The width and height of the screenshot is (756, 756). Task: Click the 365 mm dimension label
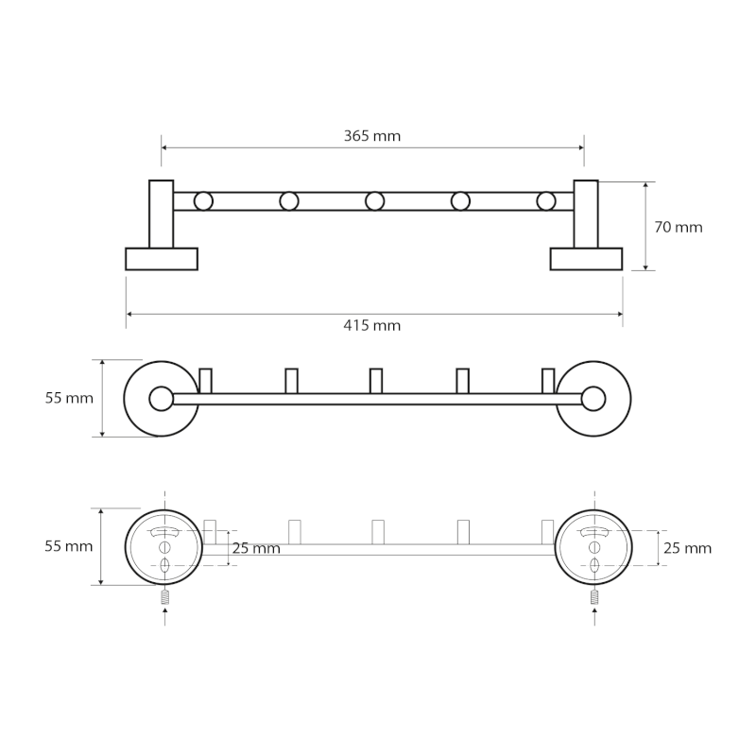pos(372,136)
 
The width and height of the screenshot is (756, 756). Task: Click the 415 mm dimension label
pos(372,326)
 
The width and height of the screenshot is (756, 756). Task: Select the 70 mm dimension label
pos(679,227)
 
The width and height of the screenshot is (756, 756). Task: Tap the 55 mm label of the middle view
pos(69,398)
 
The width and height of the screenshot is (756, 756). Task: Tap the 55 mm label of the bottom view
pos(69,546)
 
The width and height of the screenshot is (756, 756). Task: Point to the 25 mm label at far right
pos(688,548)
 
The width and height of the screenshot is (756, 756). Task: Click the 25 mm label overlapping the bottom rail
pos(256,548)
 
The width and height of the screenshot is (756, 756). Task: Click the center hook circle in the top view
pos(375,200)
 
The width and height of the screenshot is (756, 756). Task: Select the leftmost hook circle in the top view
pos(203,200)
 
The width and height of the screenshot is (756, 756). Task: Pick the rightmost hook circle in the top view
pos(546,200)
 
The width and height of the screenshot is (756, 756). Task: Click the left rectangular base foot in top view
pos(162,259)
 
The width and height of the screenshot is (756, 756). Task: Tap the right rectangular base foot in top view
pos(586,259)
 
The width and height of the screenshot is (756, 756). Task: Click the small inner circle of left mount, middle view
pos(162,399)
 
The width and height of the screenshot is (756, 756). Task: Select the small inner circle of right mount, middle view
pos(593,399)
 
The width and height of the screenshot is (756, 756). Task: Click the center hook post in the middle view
pos(376,380)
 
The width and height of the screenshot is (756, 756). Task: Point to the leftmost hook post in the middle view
pos(205,380)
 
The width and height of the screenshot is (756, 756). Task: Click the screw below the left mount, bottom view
pos(165,597)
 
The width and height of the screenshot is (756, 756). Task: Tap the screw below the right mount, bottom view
pos(594,597)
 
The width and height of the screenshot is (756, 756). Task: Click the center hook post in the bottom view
pos(378,531)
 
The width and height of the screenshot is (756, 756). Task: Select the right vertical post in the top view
pos(586,213)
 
